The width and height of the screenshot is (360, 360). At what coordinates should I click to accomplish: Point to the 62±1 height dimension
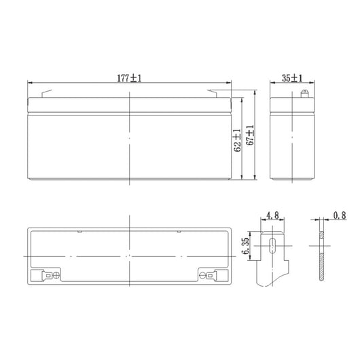tap(236, 141)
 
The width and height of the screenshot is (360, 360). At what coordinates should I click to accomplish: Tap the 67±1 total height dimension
tap(249, 137)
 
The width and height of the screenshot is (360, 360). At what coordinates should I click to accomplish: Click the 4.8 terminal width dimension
tap(272, 217)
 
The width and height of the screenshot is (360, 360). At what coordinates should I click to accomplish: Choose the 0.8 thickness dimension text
tap(339, 217)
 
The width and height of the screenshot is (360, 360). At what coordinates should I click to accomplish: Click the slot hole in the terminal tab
tap(273, 245)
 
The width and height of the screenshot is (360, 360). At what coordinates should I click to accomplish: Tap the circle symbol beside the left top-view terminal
tap(56, 275)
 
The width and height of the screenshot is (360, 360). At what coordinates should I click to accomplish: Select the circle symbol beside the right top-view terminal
tap(201, 275)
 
